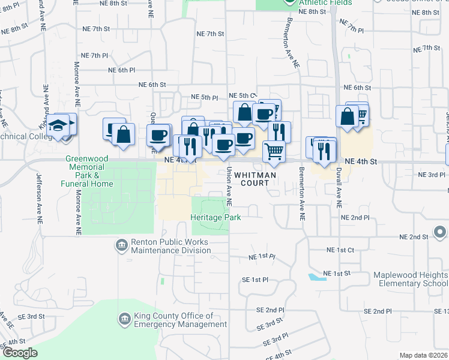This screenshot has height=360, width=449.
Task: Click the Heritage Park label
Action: (216, 217)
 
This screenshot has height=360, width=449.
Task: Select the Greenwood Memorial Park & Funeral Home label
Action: (87, 172)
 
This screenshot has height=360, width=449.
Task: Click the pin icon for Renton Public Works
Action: (121, 245)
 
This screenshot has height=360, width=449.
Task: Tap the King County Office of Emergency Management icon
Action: (124, 317)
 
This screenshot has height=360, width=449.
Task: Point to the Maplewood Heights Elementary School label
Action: (410, 279)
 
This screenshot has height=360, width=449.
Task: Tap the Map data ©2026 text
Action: (423, 355)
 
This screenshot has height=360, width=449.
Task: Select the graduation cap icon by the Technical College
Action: (58, 127)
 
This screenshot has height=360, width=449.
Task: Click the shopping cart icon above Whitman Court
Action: (274, 151)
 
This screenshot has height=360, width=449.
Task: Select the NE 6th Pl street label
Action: (122, 70)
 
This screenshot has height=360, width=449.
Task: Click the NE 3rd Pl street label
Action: (427, 174)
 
